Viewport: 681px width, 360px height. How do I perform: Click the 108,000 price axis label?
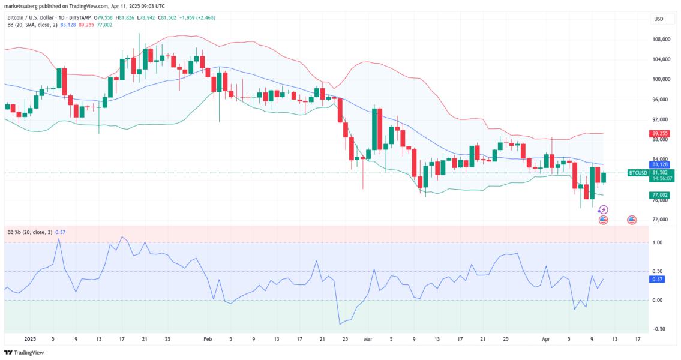[661, 39]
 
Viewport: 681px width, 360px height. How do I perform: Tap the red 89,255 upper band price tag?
[659, 133]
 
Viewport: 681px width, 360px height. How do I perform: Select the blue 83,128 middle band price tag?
[659, 164]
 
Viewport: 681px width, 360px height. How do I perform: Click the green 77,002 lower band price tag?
[659, 195]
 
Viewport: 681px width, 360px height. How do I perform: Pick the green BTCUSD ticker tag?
[637, 173]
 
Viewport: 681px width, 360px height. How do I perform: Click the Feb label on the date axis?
[208, 339]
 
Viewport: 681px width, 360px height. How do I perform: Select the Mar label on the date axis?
[368, 339]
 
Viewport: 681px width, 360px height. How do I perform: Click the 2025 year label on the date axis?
[29, 339]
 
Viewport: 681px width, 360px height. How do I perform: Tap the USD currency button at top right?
[658, 19]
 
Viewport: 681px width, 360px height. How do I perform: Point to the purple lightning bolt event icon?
[604, 209]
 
